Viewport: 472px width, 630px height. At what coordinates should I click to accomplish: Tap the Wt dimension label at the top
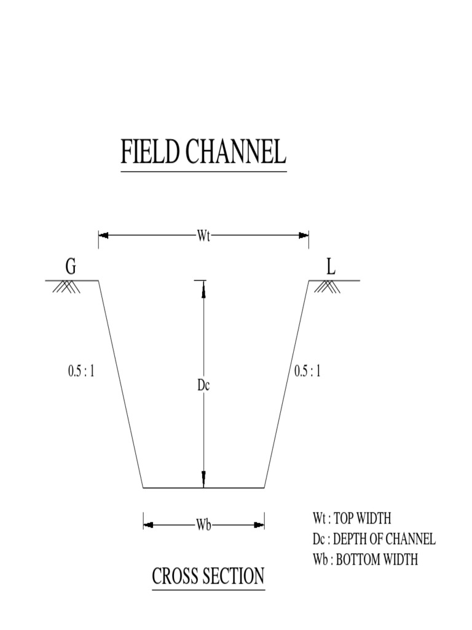coord(203,236)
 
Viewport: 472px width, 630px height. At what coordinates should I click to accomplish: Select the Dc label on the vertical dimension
coord(203,386)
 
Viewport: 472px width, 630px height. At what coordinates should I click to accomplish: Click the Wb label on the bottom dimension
coord(204,525)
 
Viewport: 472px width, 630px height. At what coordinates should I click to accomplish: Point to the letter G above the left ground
coord(71,267)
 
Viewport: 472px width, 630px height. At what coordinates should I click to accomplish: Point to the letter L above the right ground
coord(331,267)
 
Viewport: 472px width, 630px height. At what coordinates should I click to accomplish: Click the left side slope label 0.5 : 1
coord(81,371)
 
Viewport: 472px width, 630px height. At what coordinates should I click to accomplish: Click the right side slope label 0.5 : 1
coord(307,371)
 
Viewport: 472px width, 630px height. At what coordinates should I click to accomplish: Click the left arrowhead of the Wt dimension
coord(103,236)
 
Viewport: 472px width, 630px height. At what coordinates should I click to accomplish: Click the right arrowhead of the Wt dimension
coord(304,236)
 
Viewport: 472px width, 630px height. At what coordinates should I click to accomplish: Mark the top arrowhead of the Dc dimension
coord(203,285)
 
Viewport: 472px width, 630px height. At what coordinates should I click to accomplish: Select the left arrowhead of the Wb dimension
coord(148,525)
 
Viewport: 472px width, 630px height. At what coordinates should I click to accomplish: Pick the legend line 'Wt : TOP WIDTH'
coord(352,518)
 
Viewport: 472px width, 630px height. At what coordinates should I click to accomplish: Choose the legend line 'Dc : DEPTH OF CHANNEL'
coord(374,540)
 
